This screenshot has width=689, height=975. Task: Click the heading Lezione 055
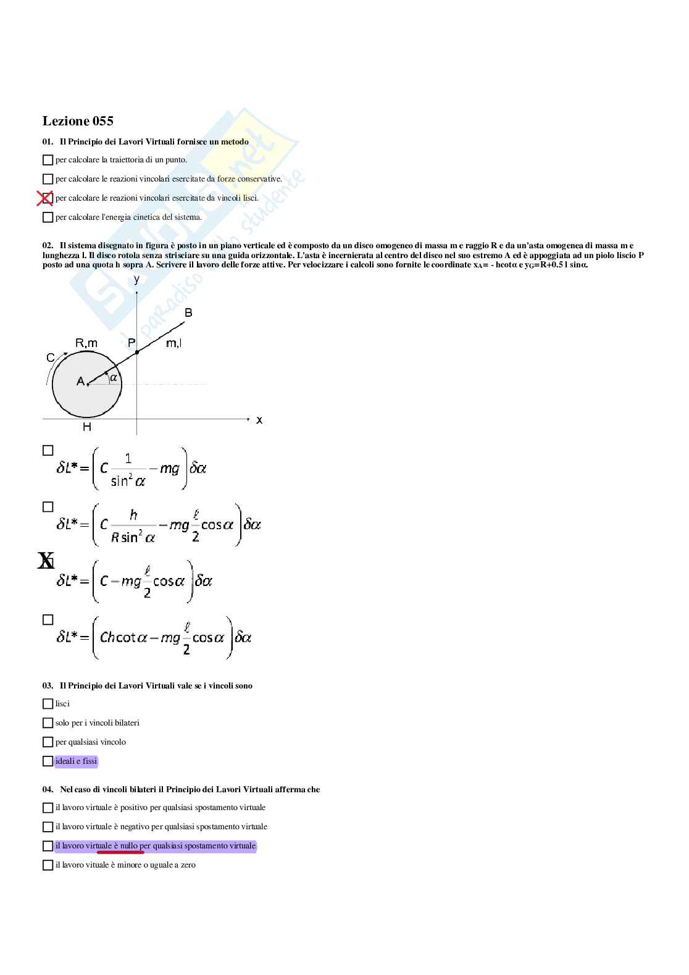[x=78, y=121]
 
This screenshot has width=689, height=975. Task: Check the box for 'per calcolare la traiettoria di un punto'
[x=48, y=160]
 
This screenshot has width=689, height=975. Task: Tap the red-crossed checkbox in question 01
[x=45, y=198]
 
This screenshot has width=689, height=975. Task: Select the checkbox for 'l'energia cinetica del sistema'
[x=48, y=217]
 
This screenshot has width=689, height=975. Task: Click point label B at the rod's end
[x=189, y=313]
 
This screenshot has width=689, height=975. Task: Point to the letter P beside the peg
[x=132, y=343]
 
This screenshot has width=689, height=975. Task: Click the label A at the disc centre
[x=80, y=382]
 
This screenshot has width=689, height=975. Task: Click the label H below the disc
[x=87, y=427]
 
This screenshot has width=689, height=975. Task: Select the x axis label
[x=259, y=420]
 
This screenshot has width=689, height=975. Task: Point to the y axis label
[x=136, y=279]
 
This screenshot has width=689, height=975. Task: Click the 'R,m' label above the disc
[x=86, y=343]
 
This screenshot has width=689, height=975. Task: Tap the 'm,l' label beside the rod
[x=173, y=343]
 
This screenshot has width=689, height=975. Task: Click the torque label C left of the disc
[x=51, y=358]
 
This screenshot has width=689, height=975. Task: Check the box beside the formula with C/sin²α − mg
[x=48, y=451]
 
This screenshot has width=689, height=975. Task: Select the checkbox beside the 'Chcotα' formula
[x=48, y=619]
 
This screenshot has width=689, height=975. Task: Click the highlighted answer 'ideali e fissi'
[x=76, y=761]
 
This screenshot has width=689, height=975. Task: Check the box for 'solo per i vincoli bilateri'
[x=48, y=722]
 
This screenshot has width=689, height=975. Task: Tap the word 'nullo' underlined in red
[x=129, y=845]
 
